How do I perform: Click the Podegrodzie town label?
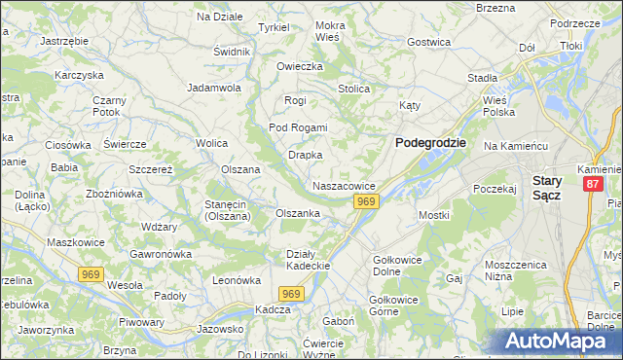tap(430, 142)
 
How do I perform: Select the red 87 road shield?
tap(593, 183)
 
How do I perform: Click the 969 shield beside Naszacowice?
tap(365, 201)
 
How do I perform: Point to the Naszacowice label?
tap(344, 185)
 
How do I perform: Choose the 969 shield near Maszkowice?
tap(92, 274)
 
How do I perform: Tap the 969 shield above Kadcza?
tap(290, 293)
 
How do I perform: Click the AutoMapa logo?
tap(558, 341)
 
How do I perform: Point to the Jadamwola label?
tap(213, 87)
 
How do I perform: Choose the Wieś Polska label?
tap(498, 105)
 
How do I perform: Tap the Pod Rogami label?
tap(298, 127)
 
